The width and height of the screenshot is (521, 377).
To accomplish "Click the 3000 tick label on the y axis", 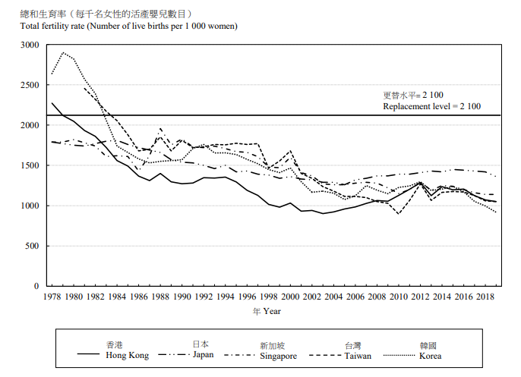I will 29,46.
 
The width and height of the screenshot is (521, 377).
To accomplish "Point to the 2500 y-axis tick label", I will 29,86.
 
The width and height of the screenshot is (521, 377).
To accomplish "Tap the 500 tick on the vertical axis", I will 31,246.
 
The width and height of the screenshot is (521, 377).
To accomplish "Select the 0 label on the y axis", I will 36,286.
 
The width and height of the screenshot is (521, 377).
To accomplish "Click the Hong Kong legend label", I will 127,355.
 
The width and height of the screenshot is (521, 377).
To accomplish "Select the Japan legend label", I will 204,353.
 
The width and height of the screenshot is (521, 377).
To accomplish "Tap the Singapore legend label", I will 278,355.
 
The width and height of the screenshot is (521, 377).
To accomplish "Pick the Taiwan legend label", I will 358,355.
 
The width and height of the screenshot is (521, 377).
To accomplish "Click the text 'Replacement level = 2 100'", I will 431,107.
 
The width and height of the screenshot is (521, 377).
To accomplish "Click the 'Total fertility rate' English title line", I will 129,26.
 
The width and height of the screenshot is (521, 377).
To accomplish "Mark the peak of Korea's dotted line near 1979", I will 63,53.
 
